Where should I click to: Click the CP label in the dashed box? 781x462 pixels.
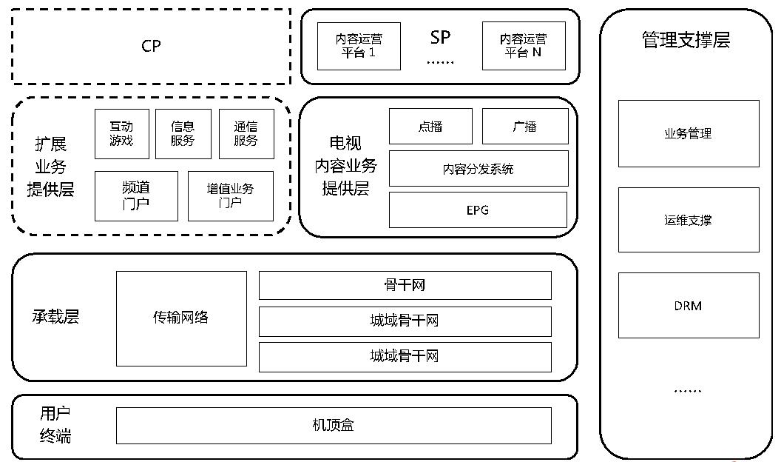pyautogui.click(x=151, y=46)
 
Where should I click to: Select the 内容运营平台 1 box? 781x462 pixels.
pyautogui.click(x=359, y=46)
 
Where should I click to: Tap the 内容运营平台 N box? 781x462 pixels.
pyautogui.click(x=524, y=46)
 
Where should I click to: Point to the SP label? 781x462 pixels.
pyautogui.click(x=440, y=37)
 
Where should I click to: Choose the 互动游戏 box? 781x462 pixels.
pyautogui.click(x=122, y=134)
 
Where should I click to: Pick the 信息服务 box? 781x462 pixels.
pyautogui.click(x=183, y=134)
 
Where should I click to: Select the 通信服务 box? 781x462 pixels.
pyautogui.click(x=246, y=134)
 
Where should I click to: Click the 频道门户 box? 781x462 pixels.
pyautogui.click(x=136, y=196)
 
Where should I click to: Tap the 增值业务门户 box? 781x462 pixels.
pyautogui.click(x=230, y=196)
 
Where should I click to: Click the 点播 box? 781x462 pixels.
pyautogui.click(x=430, y=127)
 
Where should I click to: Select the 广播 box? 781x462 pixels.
pyautogui.click(x=525, y=127)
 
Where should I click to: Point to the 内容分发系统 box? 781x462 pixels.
pyautogui.click(x=479, y=169)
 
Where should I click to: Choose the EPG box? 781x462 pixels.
pyautogui.click(x=479, y=210)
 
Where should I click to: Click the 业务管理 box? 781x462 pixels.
pyautogui.click(x=689, y=134)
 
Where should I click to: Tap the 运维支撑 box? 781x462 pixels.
pyautogui.click(x=689, y=220)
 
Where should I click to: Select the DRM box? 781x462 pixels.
pyautogui.click(x=689, y=306)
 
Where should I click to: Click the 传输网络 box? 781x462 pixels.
pyautogui.click(x=181, y=318)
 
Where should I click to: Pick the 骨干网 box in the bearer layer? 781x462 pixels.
pyautogui.click(x=405, y=285)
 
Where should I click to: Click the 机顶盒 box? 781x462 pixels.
pyautogui.click(x=334, y=426)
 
